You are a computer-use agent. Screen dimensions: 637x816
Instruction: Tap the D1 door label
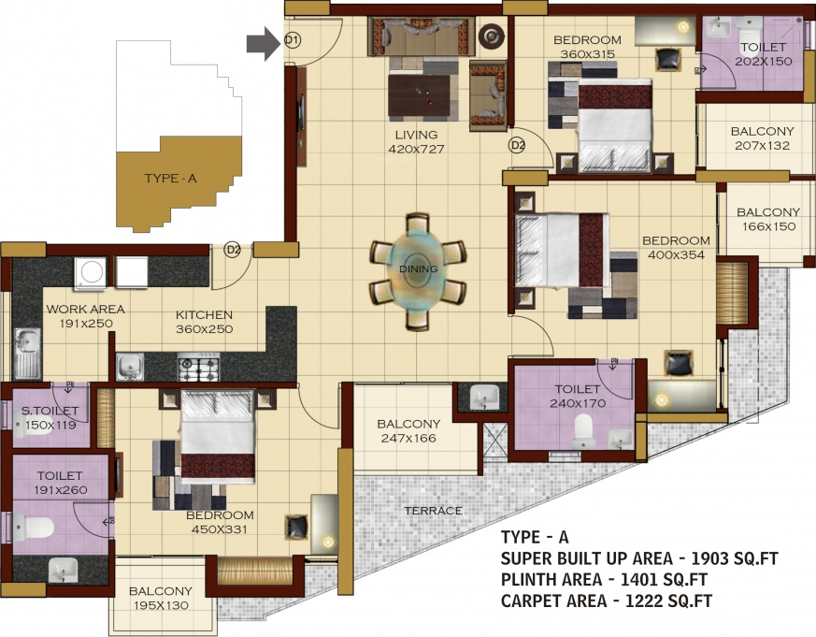click(x=292, y=40)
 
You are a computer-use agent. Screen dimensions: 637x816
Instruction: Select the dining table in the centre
click(x=418, y=270)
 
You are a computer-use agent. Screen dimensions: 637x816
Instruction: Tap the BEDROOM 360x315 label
click(x=587, y=47)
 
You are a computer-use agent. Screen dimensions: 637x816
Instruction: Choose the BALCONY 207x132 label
click(x=762, y=138)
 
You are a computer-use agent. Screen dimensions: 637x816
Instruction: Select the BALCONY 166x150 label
click(x=767, y=219)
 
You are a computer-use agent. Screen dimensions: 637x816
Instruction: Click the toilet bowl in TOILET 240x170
click(x=582, y=429)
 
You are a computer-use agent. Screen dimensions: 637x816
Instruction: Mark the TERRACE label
click(x=433, y=511)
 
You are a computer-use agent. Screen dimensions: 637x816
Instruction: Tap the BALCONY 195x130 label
click(x=160, y=599)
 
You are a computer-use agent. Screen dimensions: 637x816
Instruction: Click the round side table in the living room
click(x=491, y=37)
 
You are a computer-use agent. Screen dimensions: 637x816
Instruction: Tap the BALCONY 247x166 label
click(x=408, y=430)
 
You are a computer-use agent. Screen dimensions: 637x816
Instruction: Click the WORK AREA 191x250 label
click(x=85, y=316)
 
